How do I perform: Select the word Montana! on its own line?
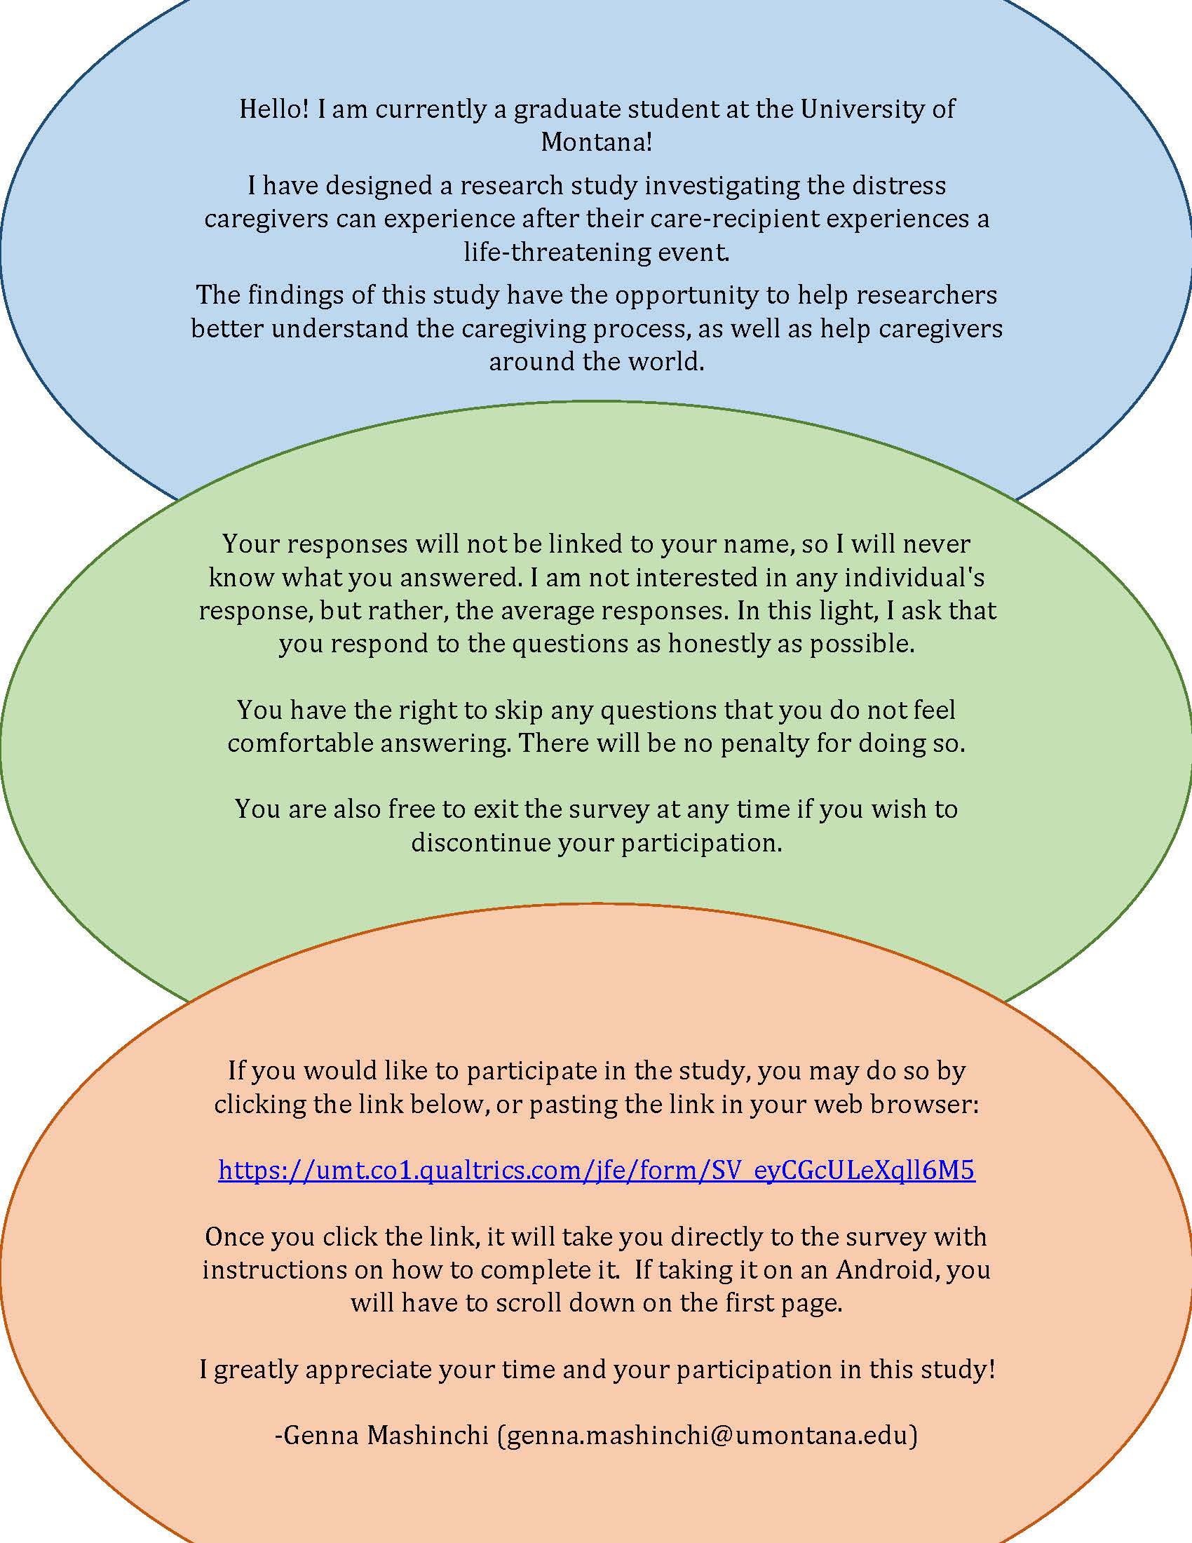coord(596,142)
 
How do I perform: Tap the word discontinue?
coord(480,843)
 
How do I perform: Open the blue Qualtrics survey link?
coord(596,1171)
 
